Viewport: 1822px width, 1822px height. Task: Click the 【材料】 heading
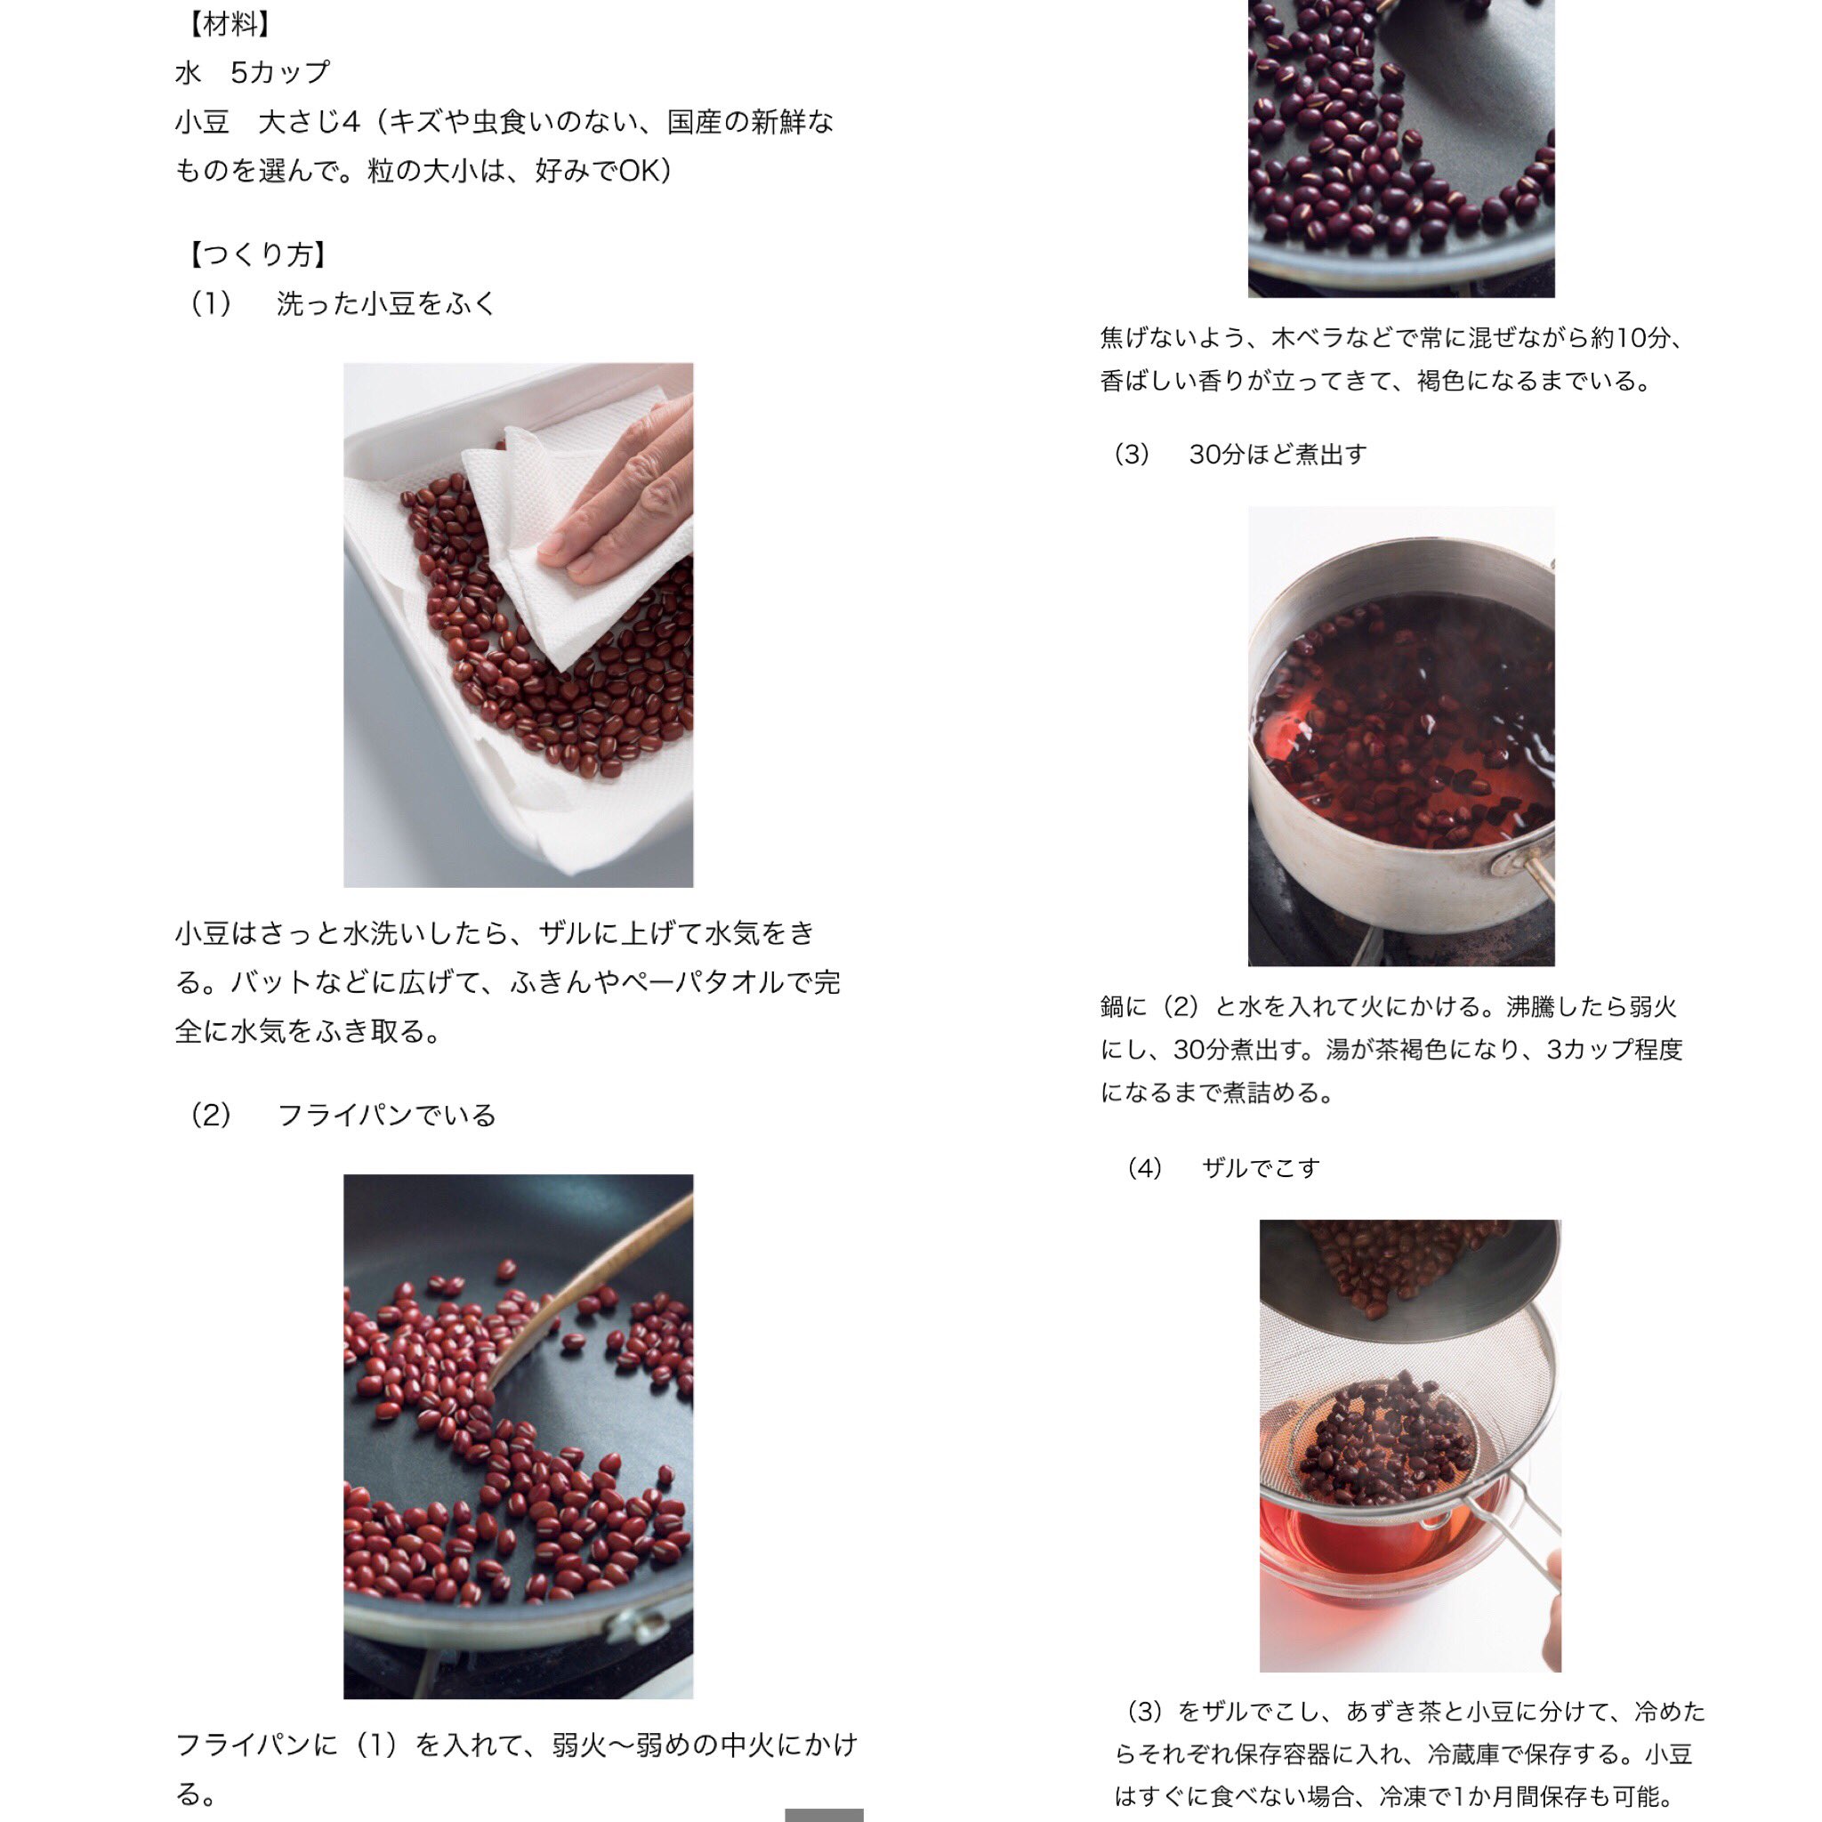point(230,25)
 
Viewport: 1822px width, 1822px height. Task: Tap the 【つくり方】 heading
point(257,254)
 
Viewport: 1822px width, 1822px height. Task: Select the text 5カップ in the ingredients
point(280,73)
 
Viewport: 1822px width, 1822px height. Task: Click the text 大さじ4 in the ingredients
point(310,122)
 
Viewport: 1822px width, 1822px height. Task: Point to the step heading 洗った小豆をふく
point(386,303)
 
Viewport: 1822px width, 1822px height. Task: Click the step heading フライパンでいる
point(387,1115)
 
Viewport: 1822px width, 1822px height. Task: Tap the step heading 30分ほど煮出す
point(1277,455)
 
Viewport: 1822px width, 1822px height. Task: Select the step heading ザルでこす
point(1261,1168)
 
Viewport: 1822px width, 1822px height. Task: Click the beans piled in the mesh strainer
point(1386,1443)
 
